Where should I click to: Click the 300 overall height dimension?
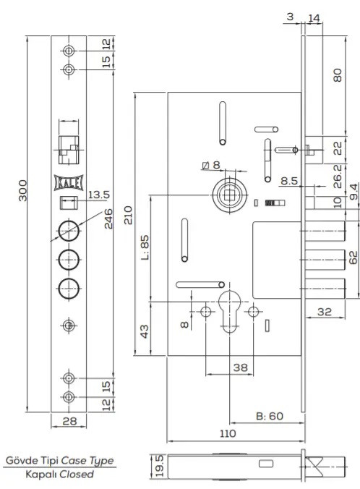click(22, 190)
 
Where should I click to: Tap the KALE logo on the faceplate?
click(69, 183)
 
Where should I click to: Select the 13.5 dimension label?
click(99, 195)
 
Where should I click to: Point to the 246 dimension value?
click(108, 218)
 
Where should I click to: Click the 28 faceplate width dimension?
click(69, 421)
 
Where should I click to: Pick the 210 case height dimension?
click(128, 215)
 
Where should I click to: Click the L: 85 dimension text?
click(145, 247)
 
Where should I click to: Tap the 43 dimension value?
click(145, 331)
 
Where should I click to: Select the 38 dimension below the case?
click(241, 367)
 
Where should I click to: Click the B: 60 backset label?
click(270, 416)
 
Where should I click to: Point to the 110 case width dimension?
click(228, 433)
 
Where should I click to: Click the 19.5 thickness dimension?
click(159, 466)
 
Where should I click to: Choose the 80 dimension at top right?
click(338, 75)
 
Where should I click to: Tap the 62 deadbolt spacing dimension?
click(353, 258)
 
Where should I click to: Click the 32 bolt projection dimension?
click(325, 312)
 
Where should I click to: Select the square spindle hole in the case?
click(229, 195)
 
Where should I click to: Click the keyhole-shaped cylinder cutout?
click(230, 311)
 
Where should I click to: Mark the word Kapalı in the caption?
click(41, 475)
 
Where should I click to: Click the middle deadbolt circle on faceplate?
click(69, 259)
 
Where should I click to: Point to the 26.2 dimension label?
click(338, 177)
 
